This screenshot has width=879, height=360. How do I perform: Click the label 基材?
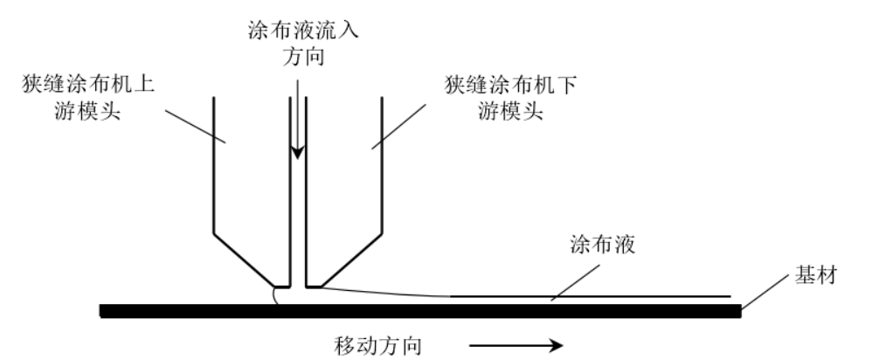tap(818, 277)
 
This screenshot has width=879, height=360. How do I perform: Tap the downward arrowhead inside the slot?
tap(298, 152)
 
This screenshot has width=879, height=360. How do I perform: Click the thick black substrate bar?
tap(419, 310)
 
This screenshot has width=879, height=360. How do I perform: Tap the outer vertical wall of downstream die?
tap(382, 166)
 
